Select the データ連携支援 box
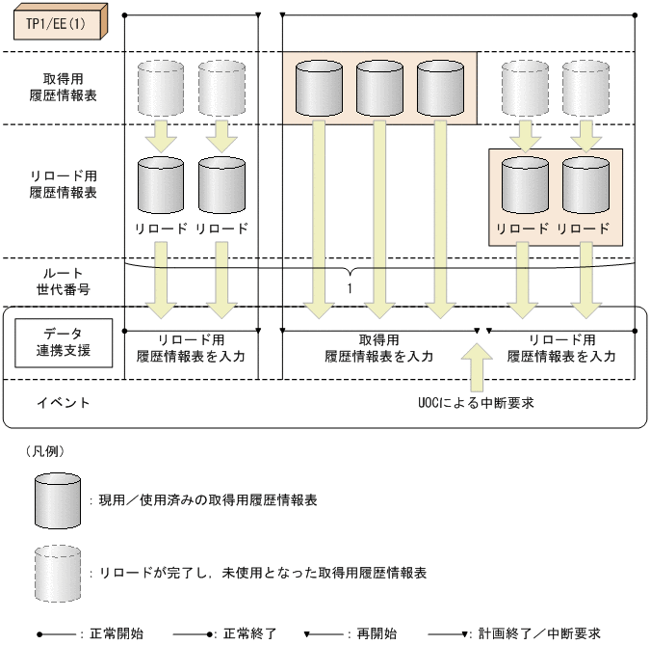(63, 342)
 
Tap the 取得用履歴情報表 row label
(63, 88)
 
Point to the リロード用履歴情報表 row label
(63, 184)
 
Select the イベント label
(64, 402)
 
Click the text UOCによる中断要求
(470, 402)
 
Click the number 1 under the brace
(352, 287)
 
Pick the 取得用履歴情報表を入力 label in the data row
(378, 348)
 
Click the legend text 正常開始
(117, 633)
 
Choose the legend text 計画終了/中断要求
(538, 633)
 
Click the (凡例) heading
(44, 450)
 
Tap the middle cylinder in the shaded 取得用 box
(379, 88)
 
